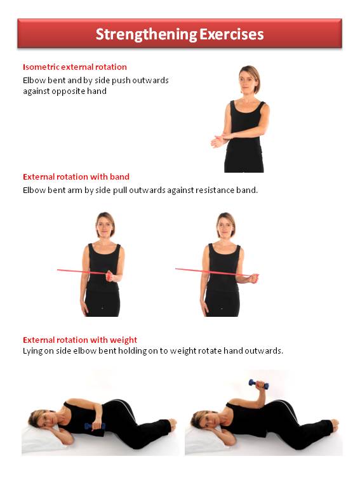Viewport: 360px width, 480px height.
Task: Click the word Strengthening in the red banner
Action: pos(146,34)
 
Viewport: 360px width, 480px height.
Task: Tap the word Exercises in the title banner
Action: pos(232,34)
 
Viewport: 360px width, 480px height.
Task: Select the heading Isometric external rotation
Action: pos(75,67)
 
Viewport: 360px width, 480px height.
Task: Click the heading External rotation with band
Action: pos(76,177)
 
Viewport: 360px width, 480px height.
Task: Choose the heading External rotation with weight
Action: pos(80,340)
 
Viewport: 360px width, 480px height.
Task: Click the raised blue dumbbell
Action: pos(258,384)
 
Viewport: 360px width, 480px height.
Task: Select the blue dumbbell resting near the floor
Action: pos(95,426)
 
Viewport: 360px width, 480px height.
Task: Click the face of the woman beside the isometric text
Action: pos(248,81)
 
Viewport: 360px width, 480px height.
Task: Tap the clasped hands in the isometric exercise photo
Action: pos(221,140)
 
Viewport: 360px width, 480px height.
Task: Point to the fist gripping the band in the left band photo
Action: pos(110,276)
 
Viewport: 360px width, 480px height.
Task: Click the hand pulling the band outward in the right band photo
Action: pos(253,278)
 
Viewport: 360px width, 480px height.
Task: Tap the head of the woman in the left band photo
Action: pos(105,225)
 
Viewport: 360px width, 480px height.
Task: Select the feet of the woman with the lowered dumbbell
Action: pos(172,425)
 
